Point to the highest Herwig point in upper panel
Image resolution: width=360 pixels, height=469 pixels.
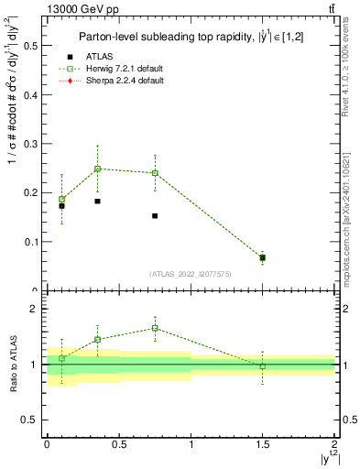(98, 169)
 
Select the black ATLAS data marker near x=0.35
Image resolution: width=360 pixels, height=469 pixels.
(98, 202)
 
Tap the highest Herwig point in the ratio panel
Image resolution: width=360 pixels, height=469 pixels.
(155, 328)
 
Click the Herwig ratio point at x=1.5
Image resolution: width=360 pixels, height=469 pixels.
(263, 365)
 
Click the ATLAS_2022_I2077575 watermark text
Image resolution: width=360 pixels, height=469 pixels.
(190, 273)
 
